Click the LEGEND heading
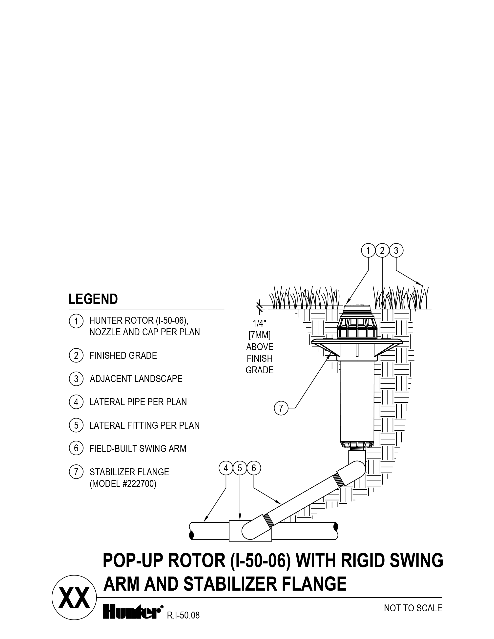click(93, 299)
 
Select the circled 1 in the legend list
click(76, 321)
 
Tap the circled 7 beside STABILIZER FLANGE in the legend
click(76, 472)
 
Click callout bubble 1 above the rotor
click(368, 251)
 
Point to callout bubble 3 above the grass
click(396, 251)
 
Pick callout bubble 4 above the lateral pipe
click(226, 468)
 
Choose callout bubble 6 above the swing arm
click(253, 468)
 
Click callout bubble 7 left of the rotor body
click(281, 408)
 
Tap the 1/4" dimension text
click(259, 324)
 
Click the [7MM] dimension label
click(259, 335)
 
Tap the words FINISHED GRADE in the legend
click(123, 356)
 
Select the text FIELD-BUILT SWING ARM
click(138, 449)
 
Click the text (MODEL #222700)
click(123, 484)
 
